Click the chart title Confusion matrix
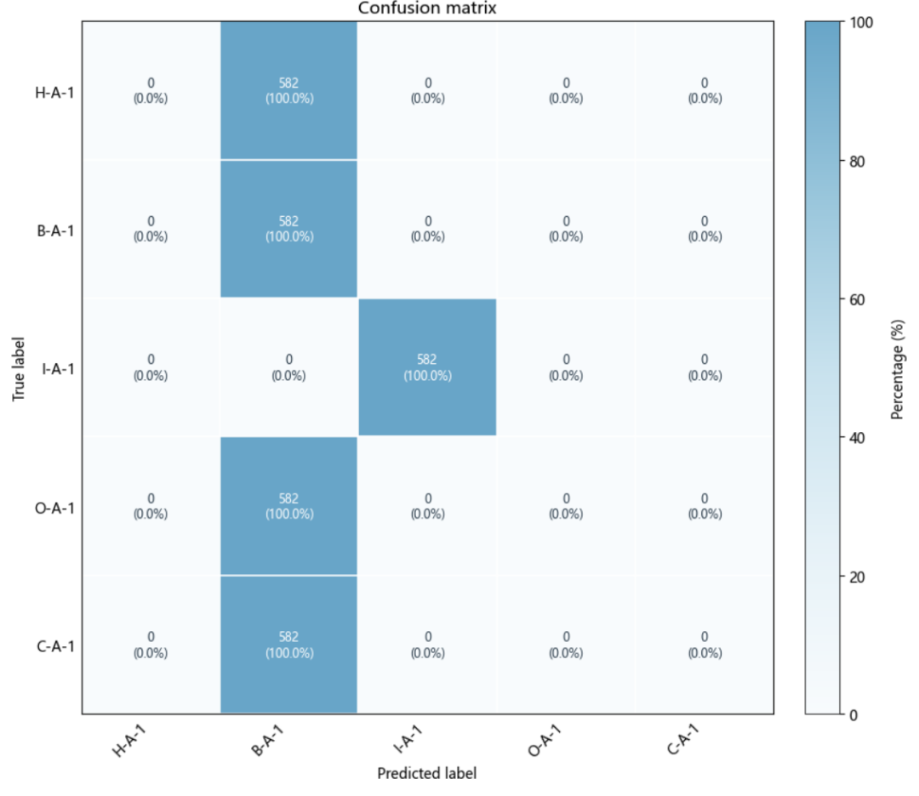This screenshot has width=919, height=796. click(x=427, y=9)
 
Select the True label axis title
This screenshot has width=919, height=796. click(x=18, y=368)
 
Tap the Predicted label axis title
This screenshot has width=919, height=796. click(x=427, y=774)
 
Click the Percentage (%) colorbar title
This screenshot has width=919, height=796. click(x=898, y=369)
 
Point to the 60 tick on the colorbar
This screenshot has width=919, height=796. click(x=857, y=300)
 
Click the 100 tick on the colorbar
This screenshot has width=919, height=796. click(x=861, y=23)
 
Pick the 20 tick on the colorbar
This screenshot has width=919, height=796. click(x=857, y=577)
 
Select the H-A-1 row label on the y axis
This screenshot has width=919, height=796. click(x=54, y=93)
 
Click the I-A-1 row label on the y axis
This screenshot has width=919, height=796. click(x=58, y=369)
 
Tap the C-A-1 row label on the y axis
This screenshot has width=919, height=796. click(x=55, y=646)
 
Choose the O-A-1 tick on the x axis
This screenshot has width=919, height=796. click(x=545, y=740)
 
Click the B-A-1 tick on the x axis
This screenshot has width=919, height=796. click(x=267, y=740)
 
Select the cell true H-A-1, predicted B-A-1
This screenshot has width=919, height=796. click(x=289, y=91)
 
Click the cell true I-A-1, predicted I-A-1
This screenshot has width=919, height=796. click(x=427, y=367)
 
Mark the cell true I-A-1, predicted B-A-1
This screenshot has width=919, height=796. click(x=289, y=367)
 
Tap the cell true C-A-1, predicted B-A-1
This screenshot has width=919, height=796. click(x=289, y=645)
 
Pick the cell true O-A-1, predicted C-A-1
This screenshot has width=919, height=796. click(x=705, y=506)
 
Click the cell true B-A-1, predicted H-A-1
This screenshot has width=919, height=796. click(x=151, y=229)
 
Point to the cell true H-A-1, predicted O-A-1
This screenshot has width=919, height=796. click(x=566, y=91)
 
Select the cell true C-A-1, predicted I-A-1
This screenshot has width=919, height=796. click(x=427, y=645)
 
